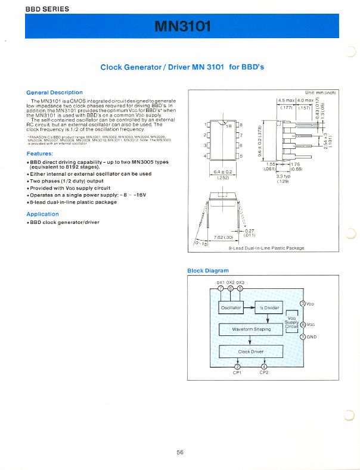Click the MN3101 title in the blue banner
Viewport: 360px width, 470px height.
[182, 27]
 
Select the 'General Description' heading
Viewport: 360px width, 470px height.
[55, 92]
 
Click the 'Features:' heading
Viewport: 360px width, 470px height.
[40, 153]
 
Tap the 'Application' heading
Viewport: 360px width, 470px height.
[42, 214]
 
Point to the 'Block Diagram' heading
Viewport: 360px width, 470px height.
[208, 270]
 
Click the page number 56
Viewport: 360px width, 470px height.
[180, 452]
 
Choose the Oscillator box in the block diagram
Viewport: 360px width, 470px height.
[231, 308]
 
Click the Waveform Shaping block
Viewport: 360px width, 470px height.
[251, 329]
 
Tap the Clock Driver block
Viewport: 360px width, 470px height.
[251, 351]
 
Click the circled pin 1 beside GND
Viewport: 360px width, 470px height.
[302, 337]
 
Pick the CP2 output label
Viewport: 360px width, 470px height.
[264, 373]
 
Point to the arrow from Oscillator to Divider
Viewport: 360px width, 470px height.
[249, 308]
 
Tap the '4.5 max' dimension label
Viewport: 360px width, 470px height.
[287, 100]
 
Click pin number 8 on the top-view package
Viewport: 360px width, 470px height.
[241, 124]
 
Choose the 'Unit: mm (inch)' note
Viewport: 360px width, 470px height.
[321, 92]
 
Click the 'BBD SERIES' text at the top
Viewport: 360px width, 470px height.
[47, 9]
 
